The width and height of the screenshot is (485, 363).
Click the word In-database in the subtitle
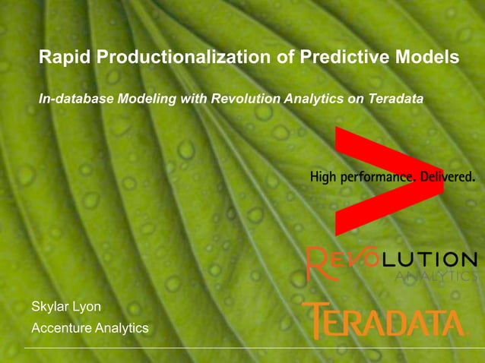click(x=71, y=99)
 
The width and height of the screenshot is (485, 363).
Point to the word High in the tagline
click(x=323, y=177)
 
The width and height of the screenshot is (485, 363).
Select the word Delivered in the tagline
click(x=449, y=177)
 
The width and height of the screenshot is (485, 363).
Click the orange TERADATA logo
click(x=385, y=320)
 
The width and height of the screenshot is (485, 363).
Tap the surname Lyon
click(x=86, y=308)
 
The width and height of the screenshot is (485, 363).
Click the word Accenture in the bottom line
click(x=61, y=328)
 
